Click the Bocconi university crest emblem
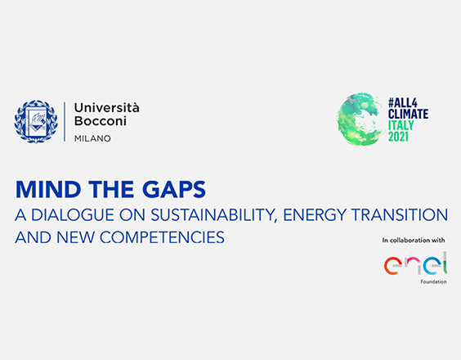[x=36, y=121]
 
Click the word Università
[x=106, y=108]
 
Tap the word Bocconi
[x=101, y=121]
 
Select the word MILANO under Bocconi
[x=92, y=138]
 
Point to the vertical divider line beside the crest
[x=65, y=122]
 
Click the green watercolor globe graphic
[x=360, y=119]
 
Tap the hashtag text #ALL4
[x=402, y=103]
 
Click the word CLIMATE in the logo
[x=408, y=114]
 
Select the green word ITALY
[x=401, y=125]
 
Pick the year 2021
[x=398, y=137]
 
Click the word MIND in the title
[x=48, y=189]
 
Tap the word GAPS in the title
[x=174, y=189]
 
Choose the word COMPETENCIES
[x=162, y=237]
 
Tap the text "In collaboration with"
[x=414, y=241]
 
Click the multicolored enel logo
[x=416, y=263]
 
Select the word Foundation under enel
[x=433, y=281]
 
